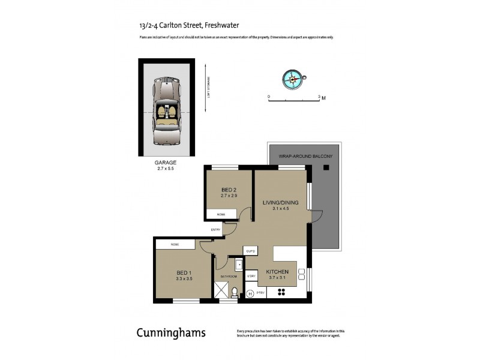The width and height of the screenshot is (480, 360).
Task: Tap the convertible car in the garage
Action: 166,111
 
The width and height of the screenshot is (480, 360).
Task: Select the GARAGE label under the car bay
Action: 166,163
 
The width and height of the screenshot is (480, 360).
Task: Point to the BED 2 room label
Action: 230,190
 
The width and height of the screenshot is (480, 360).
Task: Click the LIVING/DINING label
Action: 281,203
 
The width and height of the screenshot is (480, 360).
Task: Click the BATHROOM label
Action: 229,277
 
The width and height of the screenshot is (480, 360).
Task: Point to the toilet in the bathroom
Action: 235,292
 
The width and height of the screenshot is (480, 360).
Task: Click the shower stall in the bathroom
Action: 222,291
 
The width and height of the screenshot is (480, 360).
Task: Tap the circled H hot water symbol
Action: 250,293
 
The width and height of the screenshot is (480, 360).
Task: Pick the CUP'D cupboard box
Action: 251,251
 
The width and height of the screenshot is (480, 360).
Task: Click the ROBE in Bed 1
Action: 175,244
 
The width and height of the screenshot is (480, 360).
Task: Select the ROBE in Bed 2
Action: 221,214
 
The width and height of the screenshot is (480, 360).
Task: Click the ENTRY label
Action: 215,229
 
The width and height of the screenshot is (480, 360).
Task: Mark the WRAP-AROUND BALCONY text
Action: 305,156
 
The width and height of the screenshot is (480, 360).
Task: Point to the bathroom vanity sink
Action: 239,265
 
